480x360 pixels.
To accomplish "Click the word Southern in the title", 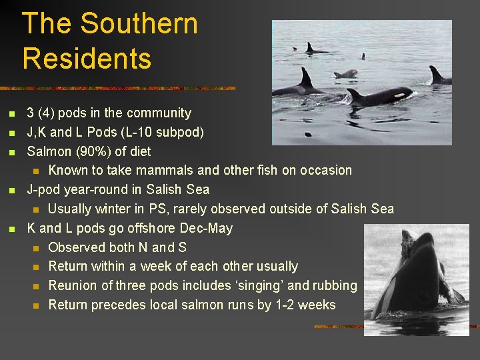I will [139, 24].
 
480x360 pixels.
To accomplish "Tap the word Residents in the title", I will [87, 58].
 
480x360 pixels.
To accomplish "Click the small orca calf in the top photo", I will [346, 73].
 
